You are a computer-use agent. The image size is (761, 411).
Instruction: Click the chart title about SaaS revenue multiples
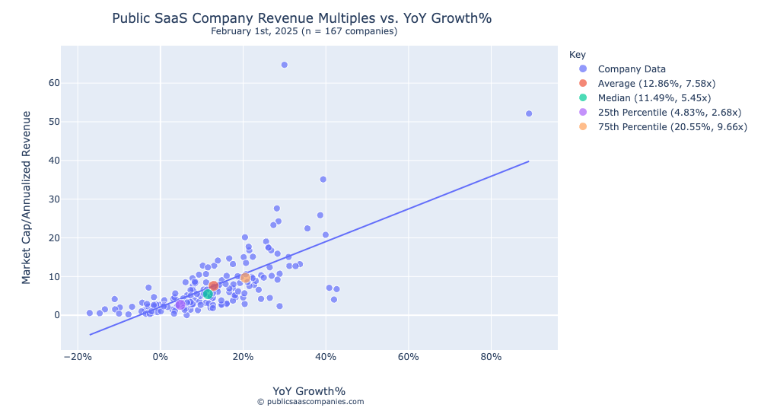point(307,18)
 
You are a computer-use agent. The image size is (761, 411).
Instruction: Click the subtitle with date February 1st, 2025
point(304,31)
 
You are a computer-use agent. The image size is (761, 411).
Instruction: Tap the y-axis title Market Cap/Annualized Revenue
point(27,197)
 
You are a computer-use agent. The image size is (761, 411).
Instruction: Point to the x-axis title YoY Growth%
point(309,391)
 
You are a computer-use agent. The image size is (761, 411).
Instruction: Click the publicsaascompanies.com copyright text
point(310,402)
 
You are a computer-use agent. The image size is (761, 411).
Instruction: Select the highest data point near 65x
point(284,65)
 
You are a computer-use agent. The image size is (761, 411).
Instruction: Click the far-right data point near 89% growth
point(529,113)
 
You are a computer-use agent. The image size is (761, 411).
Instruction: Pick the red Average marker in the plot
point(214,286)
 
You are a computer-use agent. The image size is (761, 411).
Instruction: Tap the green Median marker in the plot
point(208,294)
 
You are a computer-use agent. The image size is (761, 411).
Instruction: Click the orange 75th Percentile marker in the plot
point(245,278)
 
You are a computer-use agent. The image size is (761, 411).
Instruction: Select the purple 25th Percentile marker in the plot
point(180,304)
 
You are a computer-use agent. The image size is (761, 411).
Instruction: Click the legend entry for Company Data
point(632,69)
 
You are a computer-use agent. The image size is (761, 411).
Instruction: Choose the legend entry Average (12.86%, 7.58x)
point(656,84)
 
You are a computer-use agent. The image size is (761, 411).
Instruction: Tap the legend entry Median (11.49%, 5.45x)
point(654,98)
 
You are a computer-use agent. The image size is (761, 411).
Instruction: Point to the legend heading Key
point(577,55)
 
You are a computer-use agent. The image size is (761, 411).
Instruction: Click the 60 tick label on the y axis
point(52,83)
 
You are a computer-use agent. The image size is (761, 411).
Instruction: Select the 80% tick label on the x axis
point(492,357)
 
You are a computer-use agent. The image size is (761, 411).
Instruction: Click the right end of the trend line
point(528,161)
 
